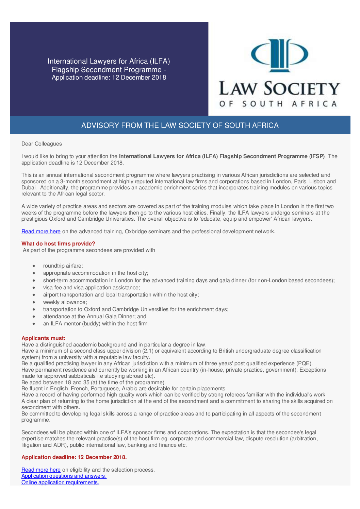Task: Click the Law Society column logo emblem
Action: pyautogui.click(x=279, y=55)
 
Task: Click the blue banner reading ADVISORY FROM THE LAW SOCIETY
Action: pyautogui.click(x=180, y=125)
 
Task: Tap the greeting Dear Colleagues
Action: pyautogui.click(x=42, y=144)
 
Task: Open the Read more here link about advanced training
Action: pyautogui.click(x=41, y=232)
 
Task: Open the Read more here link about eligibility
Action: pyautogui.click(x=41, y=470)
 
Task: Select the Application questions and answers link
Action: pyautogui.click(x=64, y=476)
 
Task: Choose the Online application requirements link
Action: pyautogui.click(x=60, y=482)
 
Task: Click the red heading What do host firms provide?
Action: pyautogui.click(x=58, y=244)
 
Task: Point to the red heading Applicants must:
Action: pyautogui.click(x=43, y=338)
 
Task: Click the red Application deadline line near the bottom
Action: pyautogui.click(x=74, y=457)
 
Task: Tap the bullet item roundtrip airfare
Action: pyautogui.click(x=63, y=266)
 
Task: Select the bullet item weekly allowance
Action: pyautogui.click(x=65, y=302)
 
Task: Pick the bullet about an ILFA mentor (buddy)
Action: pyautogui.click(x=96, y=324)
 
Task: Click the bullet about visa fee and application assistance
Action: pyautogui.click(x=91, y=288)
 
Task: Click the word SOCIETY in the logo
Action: pyautogui.click(x=302, y=89)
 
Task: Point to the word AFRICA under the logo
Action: pyautogui.click(x=314, y=104)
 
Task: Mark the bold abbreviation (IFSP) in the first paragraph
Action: pyautogui.click(x=317, y=156)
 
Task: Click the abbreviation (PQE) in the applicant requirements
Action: pyautogui.click(x=304, y=363)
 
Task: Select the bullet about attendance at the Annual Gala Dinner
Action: pyautogui.click(x=95, y=317)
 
